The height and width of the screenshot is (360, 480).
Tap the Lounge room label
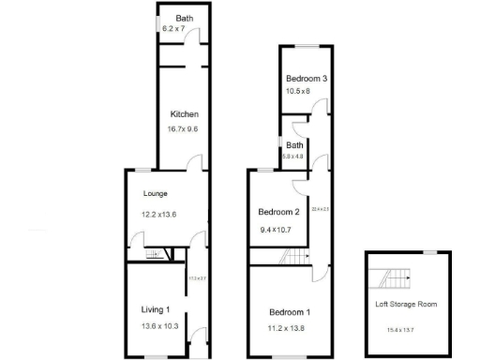click(x=155, y=193)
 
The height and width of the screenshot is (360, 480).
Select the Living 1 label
click(x=156, y=309)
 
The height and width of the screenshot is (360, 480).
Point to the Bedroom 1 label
click(x=290, y=311)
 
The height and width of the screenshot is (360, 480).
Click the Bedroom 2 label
click(x=277, y=211)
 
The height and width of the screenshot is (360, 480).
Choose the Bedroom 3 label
click(x=307, y=78)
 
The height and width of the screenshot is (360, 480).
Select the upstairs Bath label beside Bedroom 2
click(x=294, y=145)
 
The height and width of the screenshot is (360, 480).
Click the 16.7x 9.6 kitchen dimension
click(x=183, y=128)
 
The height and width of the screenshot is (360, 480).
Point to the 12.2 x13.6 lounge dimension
click(x=158, y=215)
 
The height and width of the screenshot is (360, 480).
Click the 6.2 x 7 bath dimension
click(x=175, y=30)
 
